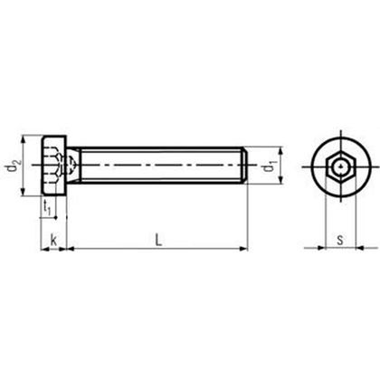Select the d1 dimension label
pos(269,169)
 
